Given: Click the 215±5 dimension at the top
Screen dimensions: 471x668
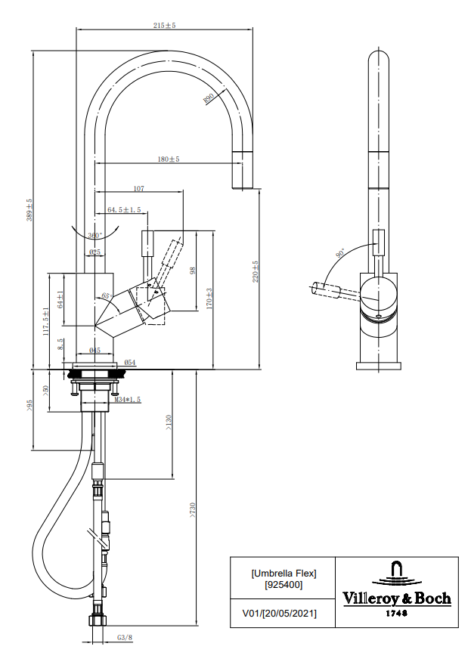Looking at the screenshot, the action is tap(165, 25).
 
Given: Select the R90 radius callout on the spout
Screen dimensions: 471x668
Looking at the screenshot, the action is tap(209, 99).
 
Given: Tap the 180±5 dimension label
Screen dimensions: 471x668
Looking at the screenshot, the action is tap(169, 159).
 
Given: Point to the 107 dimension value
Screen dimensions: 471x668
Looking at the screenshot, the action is tap(139, 188).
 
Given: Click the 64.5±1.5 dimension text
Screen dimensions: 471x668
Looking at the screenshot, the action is tap(124, 209).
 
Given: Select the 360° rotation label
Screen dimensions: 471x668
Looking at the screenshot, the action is tap(95, 235).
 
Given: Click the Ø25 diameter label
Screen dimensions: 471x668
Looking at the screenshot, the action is tap(95, 252).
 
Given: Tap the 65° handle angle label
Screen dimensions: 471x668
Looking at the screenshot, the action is tap(107, 296).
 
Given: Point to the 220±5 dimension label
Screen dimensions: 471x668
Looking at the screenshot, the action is tap(256, 271).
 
